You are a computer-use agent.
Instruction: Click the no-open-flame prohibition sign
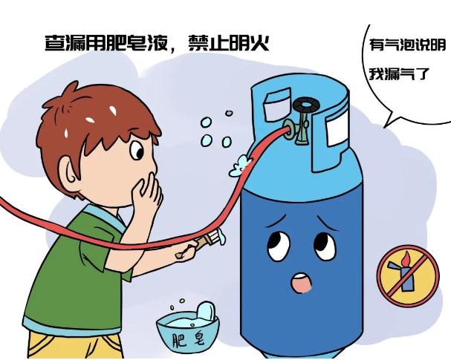tap(408, 276)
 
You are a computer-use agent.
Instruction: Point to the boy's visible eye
tap(137, 150)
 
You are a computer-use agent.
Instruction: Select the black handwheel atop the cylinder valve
tap(306, 105)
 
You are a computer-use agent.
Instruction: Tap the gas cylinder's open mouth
tap(302, 283)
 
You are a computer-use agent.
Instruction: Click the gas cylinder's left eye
tap(278, 246)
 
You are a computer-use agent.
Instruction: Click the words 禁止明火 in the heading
tap(229, 43)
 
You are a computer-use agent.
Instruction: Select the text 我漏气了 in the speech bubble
tap(399, 74)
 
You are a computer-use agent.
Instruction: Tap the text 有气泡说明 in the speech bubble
tap(407, 45)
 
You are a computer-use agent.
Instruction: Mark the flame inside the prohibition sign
tap(406, 258)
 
